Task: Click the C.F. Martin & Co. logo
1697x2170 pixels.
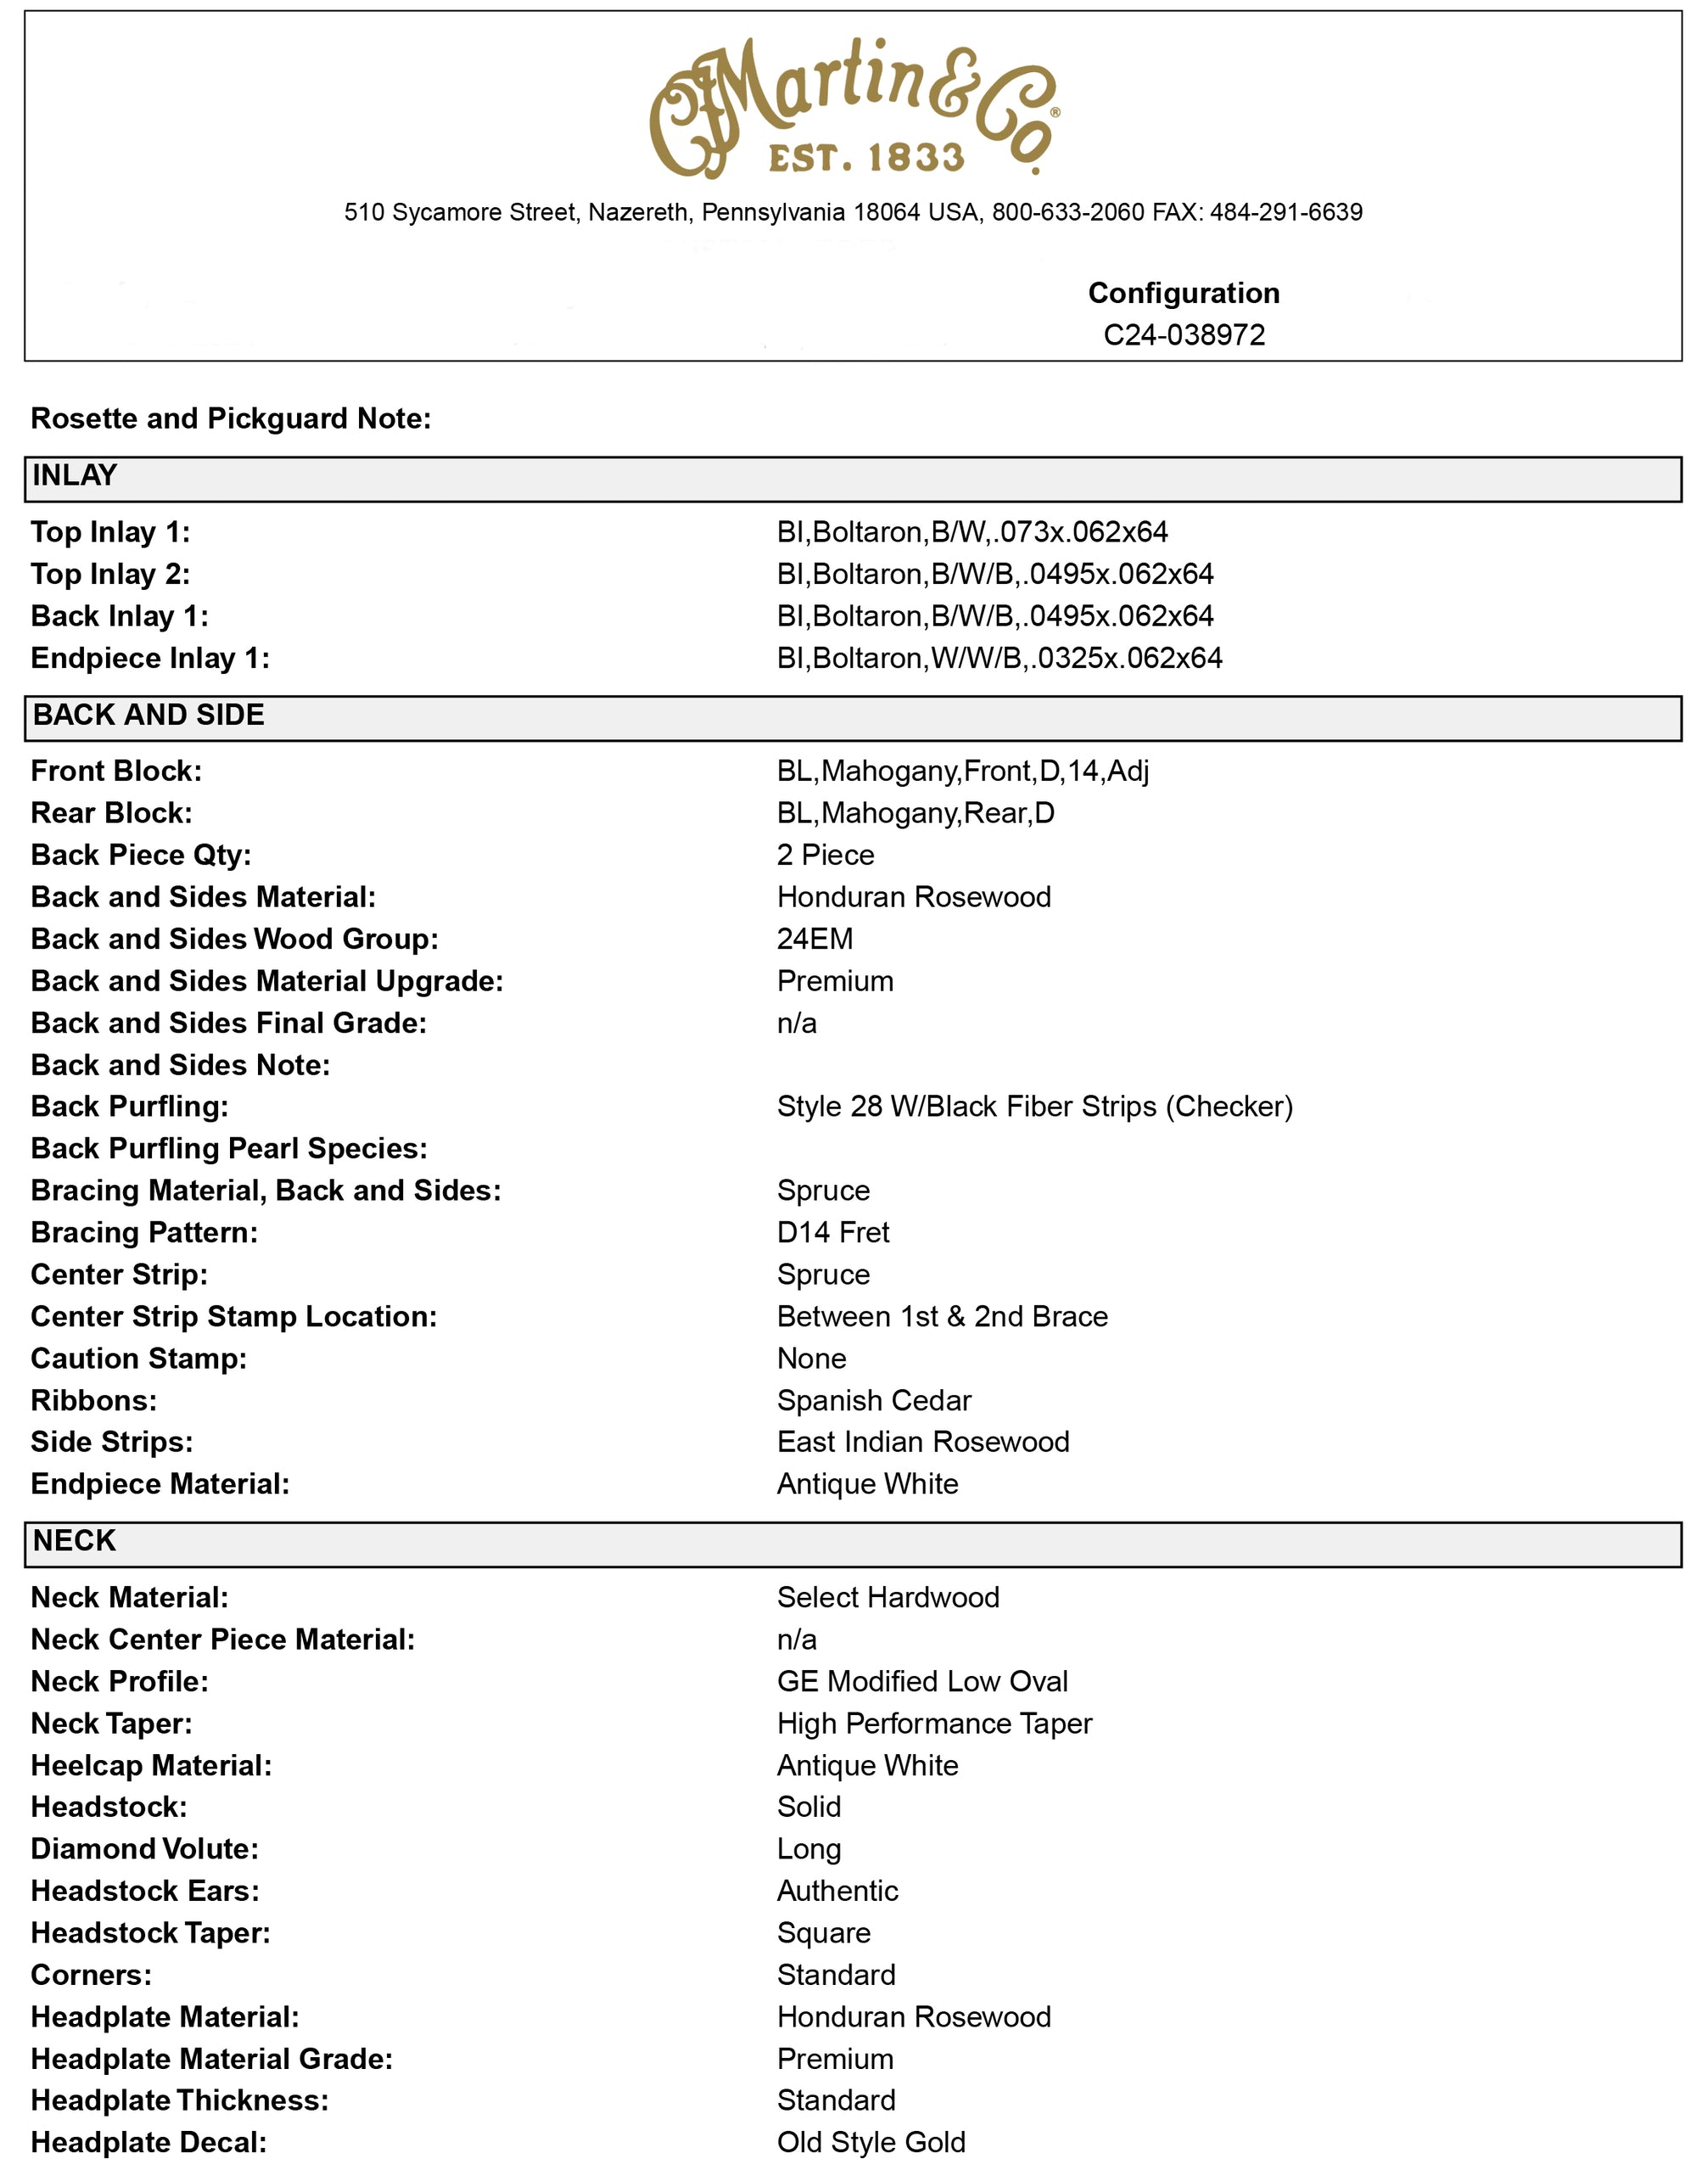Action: (854, 109)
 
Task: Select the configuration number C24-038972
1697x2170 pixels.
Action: (1184, 335)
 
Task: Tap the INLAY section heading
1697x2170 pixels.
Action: (75, 476)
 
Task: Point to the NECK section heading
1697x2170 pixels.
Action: (75, 1541)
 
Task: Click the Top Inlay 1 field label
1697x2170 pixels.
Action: (110, 533)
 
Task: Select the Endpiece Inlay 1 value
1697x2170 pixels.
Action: (999, 658)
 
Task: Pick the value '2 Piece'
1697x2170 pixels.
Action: (825, 855)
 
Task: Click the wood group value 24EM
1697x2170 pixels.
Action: (815, 939)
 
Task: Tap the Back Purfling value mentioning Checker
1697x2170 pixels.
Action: (1034, 1107)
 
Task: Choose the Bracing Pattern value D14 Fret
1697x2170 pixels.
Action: (832, 1233)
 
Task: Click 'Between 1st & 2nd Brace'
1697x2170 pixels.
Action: (942, 1316)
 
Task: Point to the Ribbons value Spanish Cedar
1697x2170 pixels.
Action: (873, 1401)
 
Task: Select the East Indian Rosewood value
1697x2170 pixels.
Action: (922, 1442)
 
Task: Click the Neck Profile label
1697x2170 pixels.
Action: (120, 1682)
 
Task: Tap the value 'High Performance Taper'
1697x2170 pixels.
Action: (934, 1724)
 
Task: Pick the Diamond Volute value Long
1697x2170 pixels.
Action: (809, 1849)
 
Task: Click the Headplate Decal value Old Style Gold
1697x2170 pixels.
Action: (871, 2142)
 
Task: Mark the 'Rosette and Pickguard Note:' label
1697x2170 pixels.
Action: (231, 418)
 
